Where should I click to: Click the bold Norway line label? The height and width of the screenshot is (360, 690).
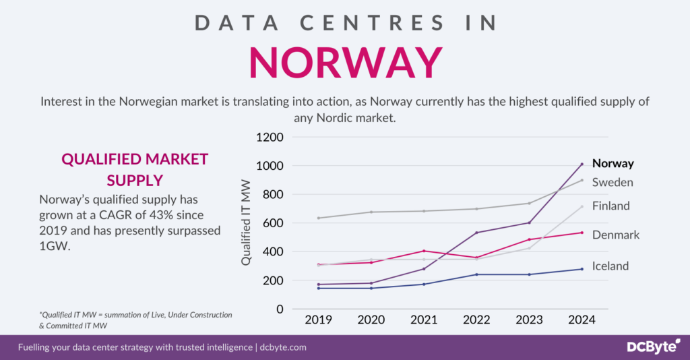pos(613,163)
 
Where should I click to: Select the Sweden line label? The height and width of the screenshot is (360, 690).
pos(612,182)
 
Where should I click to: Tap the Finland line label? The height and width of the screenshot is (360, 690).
pos(610,206)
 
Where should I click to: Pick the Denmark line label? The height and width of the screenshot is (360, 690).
pos(615,235)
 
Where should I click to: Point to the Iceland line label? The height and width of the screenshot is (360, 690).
pos(610,266)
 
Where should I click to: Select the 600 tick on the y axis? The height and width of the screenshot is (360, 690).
pos(274,223)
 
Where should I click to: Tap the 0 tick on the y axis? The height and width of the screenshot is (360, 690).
pos(279,309)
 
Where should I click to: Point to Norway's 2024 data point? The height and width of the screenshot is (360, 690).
pos(582,164)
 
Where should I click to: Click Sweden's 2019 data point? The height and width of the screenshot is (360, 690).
pos(318,218)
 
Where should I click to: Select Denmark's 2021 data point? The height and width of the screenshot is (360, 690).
pos(424,251)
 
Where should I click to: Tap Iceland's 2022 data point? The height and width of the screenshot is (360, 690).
pos(476,274)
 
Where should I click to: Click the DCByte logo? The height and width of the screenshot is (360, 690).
pos(647,347)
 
